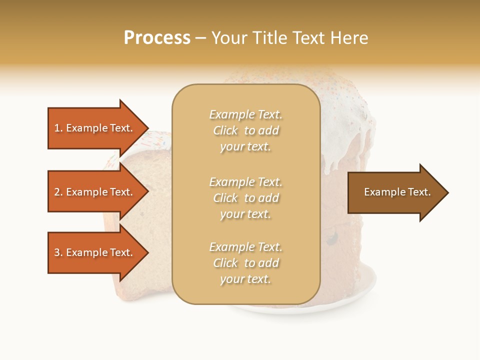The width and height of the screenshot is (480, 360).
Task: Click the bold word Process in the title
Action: click(x=157, y=38)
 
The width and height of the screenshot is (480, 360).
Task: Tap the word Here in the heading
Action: click(x=348, y=38)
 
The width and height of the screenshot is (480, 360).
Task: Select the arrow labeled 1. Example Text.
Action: click(x=95, y=128)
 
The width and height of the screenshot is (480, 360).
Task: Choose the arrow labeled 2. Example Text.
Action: click(x=95, y=192)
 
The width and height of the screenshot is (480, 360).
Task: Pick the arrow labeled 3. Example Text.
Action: click(x=95, y=252)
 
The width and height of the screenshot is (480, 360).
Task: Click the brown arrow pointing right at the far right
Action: click(x=395, y=192)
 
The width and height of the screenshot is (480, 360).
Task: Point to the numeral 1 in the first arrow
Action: click(x=56, y=128)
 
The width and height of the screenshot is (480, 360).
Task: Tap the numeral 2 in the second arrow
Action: click(x=57, y=192)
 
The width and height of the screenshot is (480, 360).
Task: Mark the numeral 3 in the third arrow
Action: click(x=57, y=252)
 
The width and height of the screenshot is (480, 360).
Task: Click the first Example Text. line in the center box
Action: click(x=245, y=114)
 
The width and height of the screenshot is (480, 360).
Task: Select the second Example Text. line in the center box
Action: click(x=245, y=182)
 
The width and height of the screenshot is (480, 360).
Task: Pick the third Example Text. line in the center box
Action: click(x=245, y=247)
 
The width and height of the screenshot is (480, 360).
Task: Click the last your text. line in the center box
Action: click(x=245, y=279)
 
